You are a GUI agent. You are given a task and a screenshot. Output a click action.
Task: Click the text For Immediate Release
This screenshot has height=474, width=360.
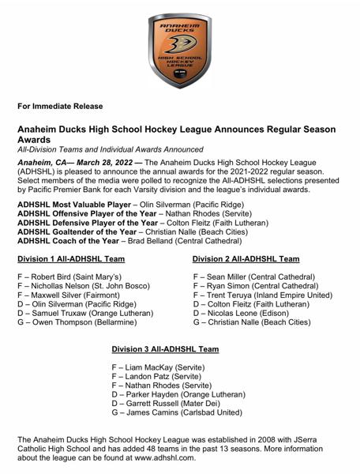(x=60, y=106)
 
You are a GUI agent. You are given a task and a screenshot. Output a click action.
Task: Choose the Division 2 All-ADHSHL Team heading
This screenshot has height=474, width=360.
(x=246, y=259)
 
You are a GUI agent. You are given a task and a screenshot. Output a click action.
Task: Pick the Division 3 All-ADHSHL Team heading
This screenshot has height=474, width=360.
(x=165, y=348)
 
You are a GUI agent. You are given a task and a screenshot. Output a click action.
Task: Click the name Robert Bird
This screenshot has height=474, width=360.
(x=51, y=277)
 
